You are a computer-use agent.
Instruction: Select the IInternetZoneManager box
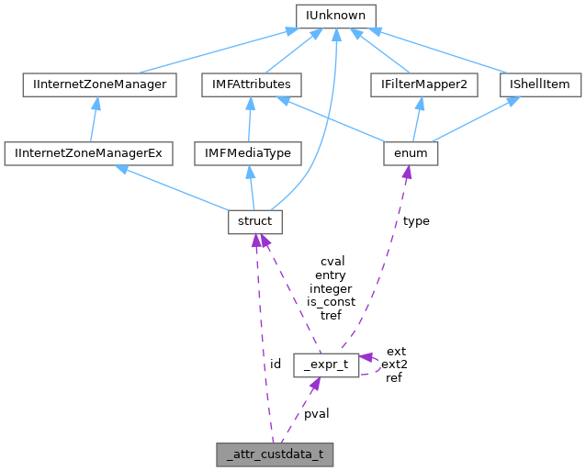(98, 84)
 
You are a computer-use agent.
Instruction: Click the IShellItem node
(540, 84)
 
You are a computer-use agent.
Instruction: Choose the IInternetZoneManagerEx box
(88, 153)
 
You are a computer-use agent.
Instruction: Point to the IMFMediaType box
(247, 153)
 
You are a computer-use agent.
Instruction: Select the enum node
(410, 153)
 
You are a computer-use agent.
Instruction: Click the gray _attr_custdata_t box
(273, 454)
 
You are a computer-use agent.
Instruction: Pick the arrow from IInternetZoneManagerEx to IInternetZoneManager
(94, 119)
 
